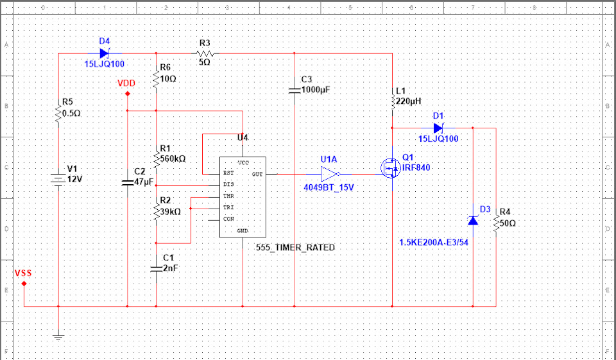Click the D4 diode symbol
tap(104, 53)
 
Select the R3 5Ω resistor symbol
tap(205, 53)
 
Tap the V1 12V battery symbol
tap(58, 180)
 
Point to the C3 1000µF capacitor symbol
tap(295, 90)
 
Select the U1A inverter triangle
tap(329, 174)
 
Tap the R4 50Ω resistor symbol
tap(496, 223)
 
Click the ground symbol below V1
tap(58, 336)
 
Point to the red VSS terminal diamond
tap(24, 284)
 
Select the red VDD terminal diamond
tap(127, 94)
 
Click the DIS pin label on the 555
tap(228, 184)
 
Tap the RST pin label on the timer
tap(228, 173)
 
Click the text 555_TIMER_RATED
tap(295, 248)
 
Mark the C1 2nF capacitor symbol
tap(156, 269)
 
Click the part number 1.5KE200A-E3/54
tap(434, 243)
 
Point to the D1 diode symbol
tap(438, 128)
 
